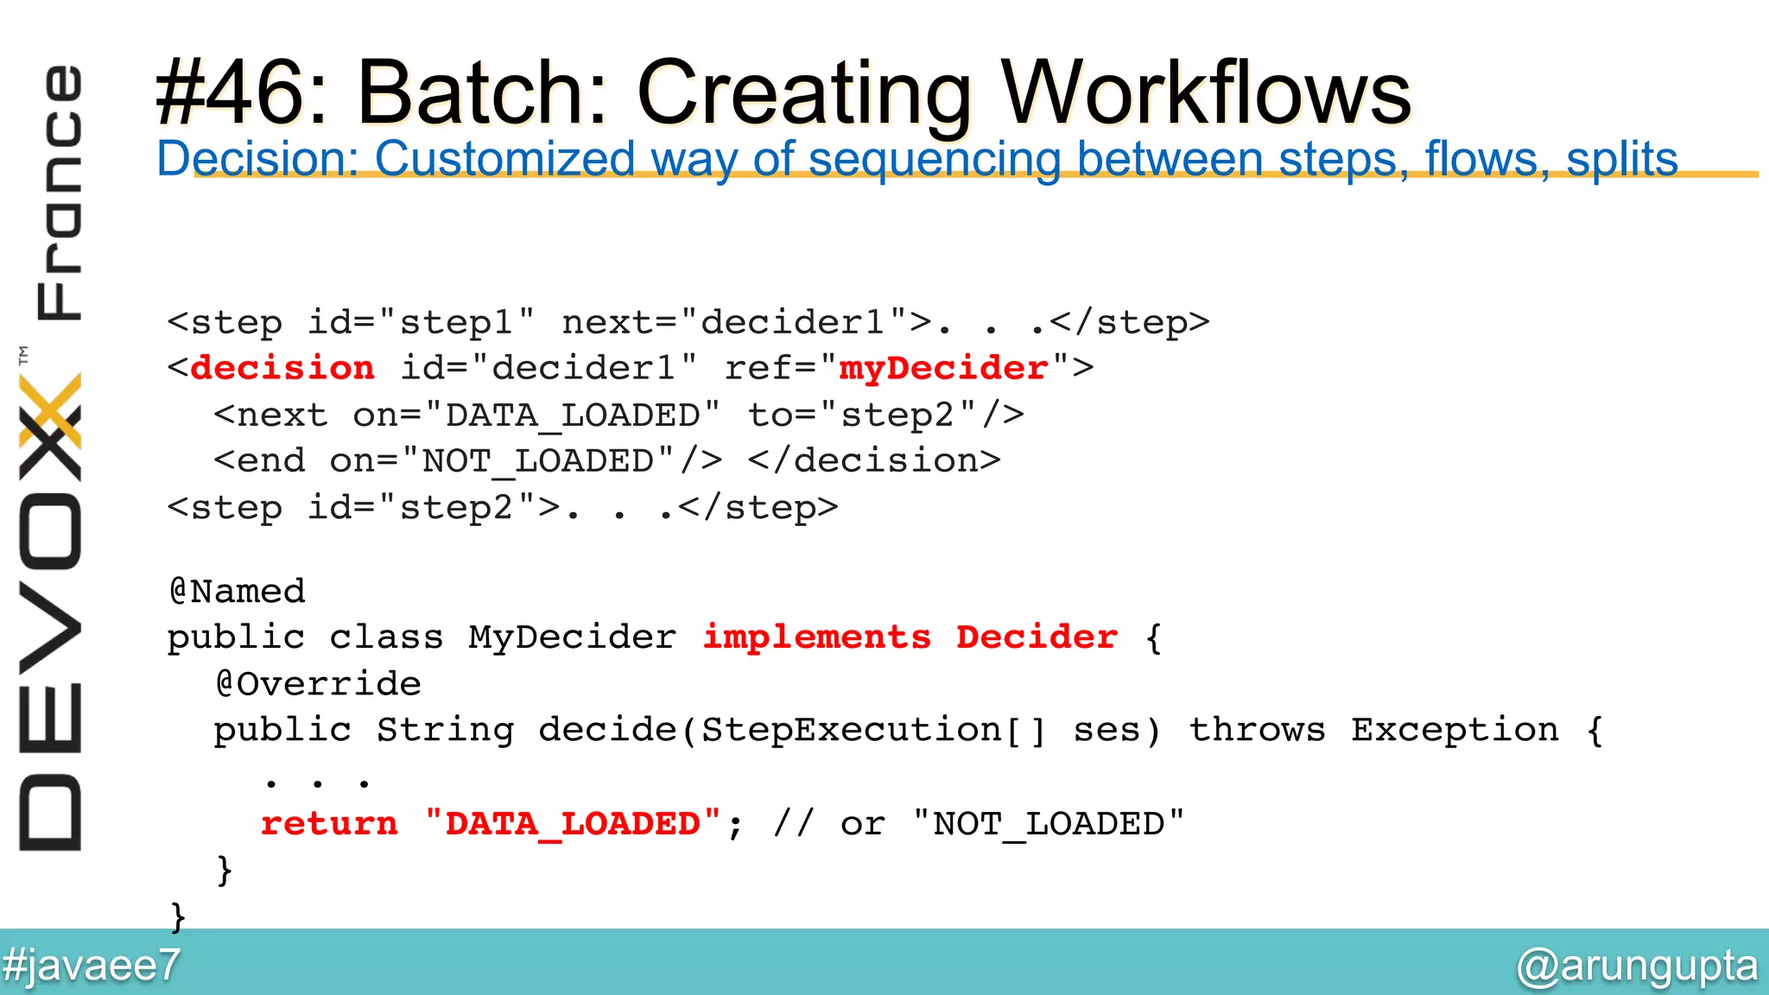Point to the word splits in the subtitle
point(1621,159)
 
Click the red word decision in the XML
point(282,369)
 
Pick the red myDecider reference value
point(943,369)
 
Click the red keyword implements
point(817,637)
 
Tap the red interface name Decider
point(1037,637)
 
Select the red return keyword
point(329,824)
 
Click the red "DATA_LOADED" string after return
point(573,824)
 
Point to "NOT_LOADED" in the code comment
point(1049,824)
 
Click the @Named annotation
point(237,592)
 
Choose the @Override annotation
point(318,684)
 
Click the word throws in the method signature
point(1257,731)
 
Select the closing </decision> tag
point(874,461)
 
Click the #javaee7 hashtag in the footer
point(92,965)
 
